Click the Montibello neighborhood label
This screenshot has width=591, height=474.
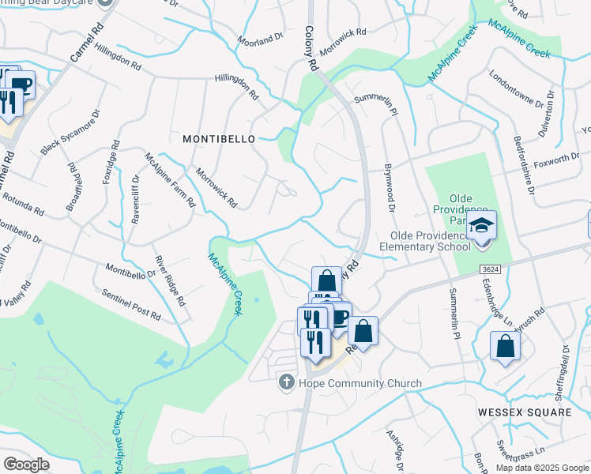pos(219,138)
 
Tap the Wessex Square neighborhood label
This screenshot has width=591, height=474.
pos(524,412)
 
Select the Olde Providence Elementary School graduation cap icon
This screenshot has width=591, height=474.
pos(481,226)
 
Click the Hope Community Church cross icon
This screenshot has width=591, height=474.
pos(290,383)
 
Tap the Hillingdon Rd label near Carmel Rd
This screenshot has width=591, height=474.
pos(121,58)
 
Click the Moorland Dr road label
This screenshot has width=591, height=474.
pos(261,39)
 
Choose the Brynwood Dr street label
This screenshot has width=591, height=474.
pos(389,188)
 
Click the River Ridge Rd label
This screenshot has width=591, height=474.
pos(170,280)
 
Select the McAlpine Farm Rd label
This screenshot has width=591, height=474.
pos(169,179)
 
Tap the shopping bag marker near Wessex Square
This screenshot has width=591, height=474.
pos(505,346)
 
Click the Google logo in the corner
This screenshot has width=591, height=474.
pos(26,465)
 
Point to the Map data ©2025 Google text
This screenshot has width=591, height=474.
pos(541,468)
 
